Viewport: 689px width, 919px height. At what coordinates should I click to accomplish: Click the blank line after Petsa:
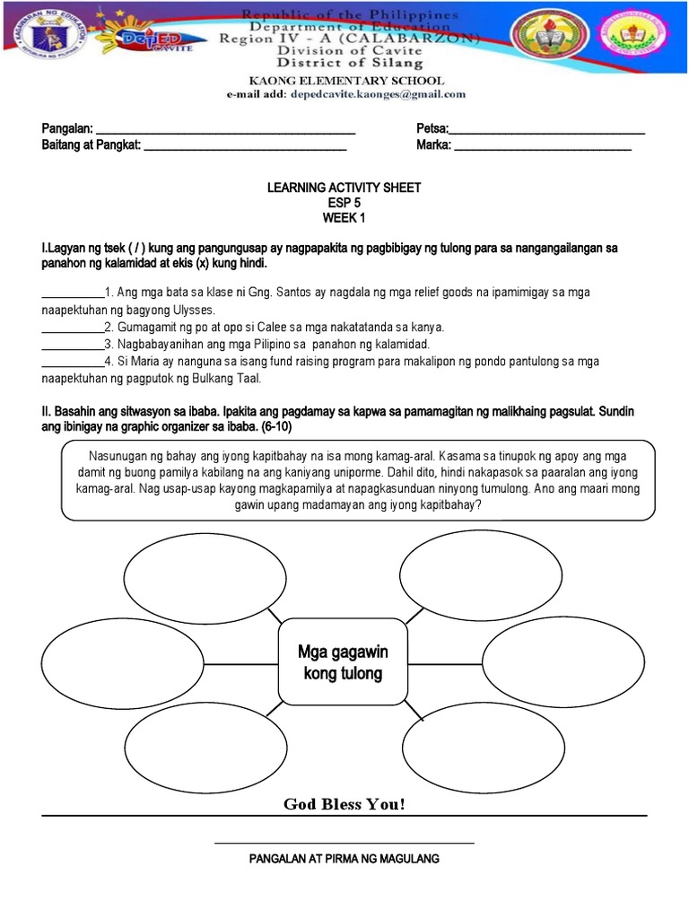(547, 132)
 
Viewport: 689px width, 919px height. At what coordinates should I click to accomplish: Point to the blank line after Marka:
(543, 147)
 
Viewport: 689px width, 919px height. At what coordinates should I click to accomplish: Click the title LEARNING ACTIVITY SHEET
(344, 188)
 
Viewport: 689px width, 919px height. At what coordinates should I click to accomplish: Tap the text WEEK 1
(344, 218)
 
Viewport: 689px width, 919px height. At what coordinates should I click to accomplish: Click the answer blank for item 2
(73, 328)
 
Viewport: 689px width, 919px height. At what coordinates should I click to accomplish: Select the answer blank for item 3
(73, 346)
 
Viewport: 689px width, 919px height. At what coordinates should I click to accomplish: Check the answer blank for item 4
(73, 363)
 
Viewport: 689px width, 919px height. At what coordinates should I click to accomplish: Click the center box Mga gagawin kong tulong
(344, 661)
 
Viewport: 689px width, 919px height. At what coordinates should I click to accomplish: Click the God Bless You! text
(344, 803)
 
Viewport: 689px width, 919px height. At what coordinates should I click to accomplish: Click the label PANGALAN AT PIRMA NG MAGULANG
(344, 859)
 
